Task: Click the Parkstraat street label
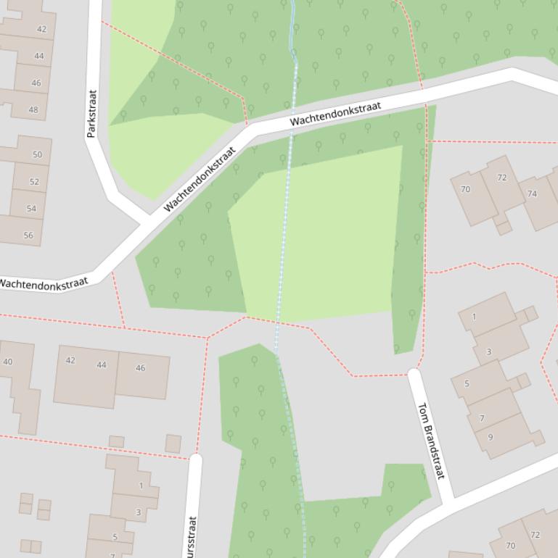tap(91, 113)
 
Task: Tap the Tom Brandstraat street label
tap(430, 441)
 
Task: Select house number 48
tap(33, 110)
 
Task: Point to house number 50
tap(37, 154)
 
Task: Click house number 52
tap(34, 182)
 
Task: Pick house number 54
tap(31, 209)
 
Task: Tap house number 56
tap(28, 235)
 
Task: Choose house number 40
tap(8, 362)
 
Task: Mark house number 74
tap(533, 193)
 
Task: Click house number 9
tap(491, 437)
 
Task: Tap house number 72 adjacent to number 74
tap(502, 178)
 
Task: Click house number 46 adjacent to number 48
tap(36, 83)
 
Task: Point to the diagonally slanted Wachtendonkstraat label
tap(200, 180)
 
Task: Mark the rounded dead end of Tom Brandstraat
tap(414, 375)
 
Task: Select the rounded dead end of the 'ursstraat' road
tap(194, 459)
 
